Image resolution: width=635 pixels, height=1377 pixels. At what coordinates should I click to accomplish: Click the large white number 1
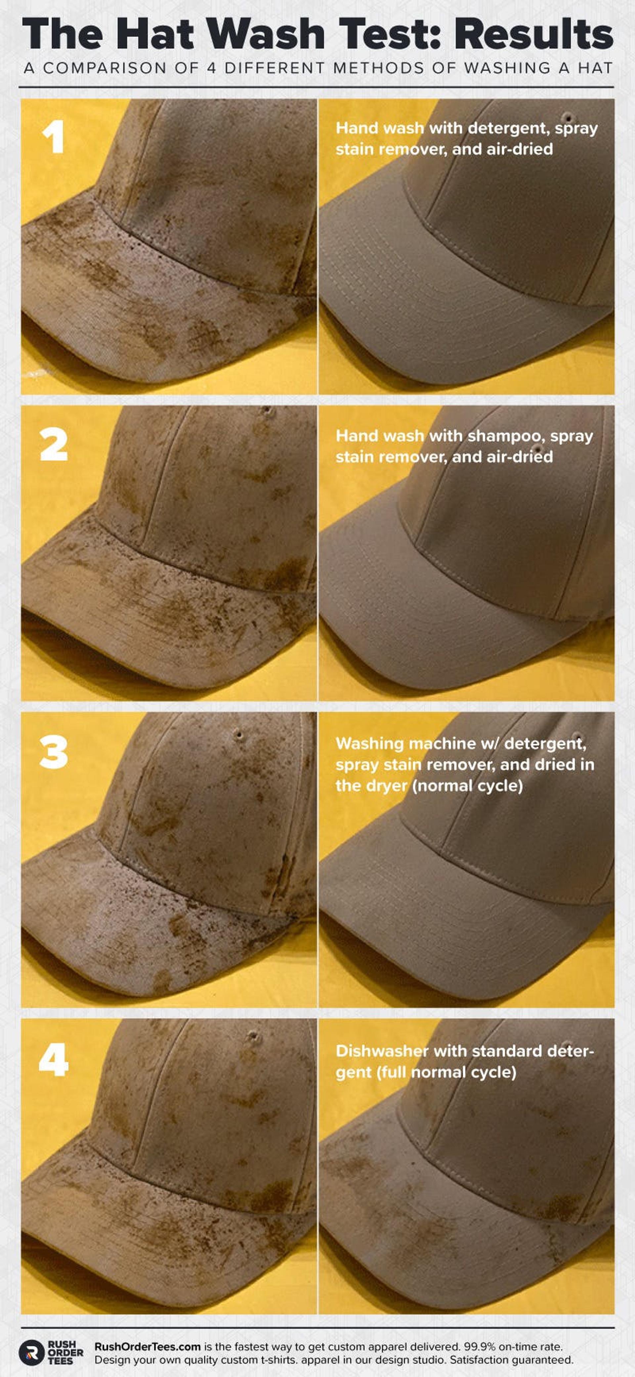(x=54, y=137)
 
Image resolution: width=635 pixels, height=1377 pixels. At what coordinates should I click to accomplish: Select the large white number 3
(x=54, y=752)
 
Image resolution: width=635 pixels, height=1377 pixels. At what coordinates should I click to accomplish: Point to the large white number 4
(x=54, y=1060)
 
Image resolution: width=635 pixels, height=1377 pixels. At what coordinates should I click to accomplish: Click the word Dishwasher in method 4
(x=382, y=1052)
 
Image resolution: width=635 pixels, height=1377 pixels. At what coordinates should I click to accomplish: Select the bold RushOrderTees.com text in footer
(x=148, y=1347)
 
